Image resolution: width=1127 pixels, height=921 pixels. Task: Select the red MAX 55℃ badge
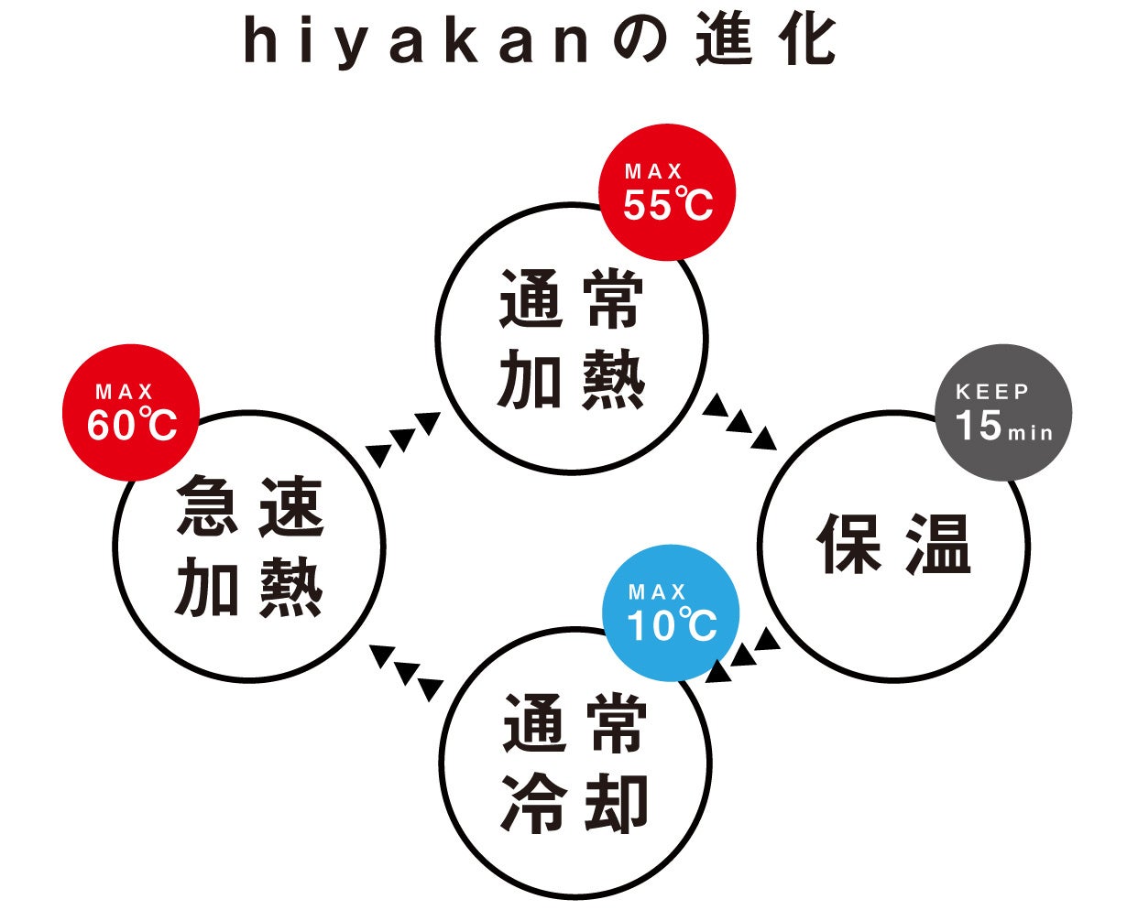[667, 192]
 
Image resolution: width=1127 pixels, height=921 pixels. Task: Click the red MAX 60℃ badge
[131, 413]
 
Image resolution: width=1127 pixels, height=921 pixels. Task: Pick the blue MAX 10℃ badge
[671, 612]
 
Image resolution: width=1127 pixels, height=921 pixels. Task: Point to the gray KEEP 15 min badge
[1003, 413]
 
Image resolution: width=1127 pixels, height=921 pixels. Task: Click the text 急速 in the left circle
[249, 509]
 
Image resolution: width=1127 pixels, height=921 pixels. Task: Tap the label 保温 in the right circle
[893, 544]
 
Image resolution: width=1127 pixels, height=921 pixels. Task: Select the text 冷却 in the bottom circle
[574, 804]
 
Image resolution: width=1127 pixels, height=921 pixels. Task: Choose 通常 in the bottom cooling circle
[574, 725]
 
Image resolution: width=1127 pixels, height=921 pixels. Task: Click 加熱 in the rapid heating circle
[249, 589]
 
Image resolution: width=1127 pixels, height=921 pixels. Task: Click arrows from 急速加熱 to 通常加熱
[403, 438]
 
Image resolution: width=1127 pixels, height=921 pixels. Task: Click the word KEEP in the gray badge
[992, 392]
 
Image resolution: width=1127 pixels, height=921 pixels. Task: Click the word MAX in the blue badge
[657, 592]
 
